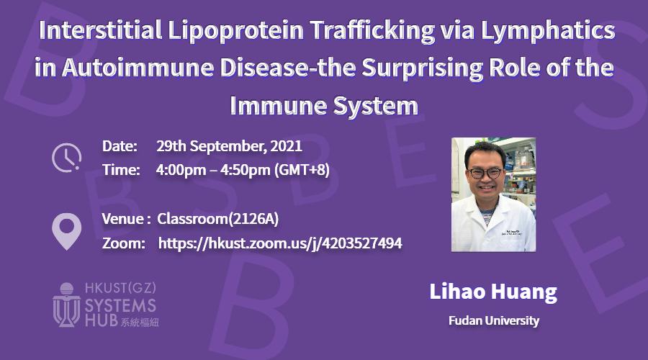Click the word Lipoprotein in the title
pos(235,31)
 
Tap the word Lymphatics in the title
pos(548,31)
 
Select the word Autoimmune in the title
pos(138,68)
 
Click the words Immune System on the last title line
pos(324,106)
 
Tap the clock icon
pos(66,158)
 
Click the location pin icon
pos(66,231)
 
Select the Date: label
pos(120,146)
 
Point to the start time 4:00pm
pos(181,170)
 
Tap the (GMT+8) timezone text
pos(302,170)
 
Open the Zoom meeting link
pos(280,243)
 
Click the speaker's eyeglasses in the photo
pos(486,173)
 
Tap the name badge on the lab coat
pos(512,233)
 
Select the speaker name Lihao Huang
pos(493,292)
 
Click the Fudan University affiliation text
pos(494,320)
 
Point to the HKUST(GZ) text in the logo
pos(120,288)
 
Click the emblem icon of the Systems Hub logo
pos(66,305)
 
